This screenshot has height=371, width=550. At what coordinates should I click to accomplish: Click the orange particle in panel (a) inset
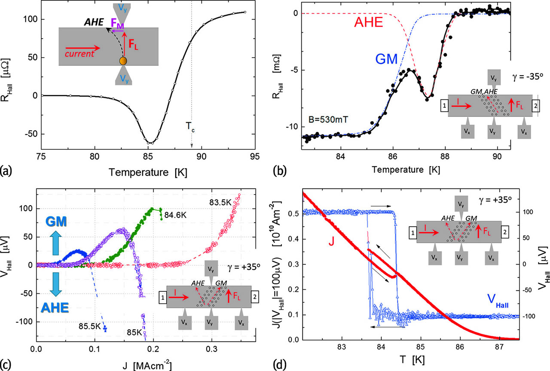123,61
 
